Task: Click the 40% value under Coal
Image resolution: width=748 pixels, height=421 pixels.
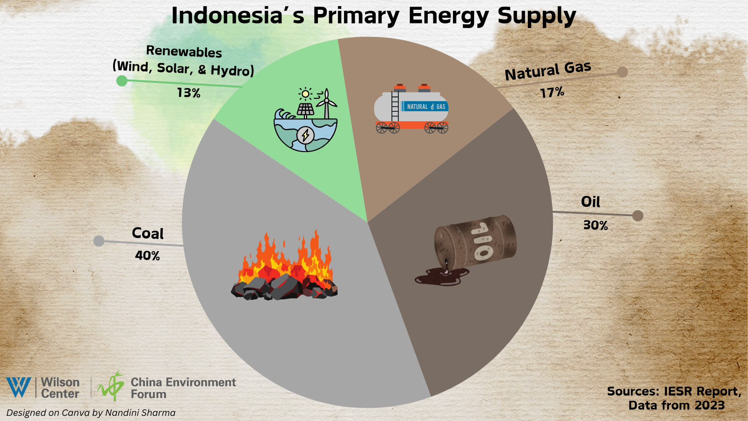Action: [147, 255]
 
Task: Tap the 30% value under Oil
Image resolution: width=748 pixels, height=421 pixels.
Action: [596, 225]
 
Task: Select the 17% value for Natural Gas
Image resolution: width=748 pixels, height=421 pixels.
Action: [552, 92]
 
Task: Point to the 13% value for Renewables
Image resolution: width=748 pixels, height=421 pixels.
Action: [189, 93]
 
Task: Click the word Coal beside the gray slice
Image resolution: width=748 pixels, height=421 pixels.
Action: [148, 233]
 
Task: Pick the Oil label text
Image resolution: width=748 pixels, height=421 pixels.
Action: [590, 202]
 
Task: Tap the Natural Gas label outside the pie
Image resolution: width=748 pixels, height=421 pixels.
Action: [547, 71]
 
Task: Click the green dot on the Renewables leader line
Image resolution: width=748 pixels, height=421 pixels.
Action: [122, 80]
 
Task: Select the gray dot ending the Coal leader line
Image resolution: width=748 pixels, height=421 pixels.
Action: [99, 241]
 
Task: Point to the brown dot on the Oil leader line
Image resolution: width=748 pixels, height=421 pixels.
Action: [638, 216]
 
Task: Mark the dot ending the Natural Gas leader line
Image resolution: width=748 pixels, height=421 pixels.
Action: [622, 72]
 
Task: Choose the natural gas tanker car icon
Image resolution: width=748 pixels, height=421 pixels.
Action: [411, 109]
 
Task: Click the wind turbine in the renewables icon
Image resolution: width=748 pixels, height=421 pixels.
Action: [327, 103]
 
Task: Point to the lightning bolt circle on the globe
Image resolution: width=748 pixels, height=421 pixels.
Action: [305, 135]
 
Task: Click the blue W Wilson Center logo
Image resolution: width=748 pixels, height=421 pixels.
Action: [19, 387]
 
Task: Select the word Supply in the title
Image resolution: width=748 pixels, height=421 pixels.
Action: [537, 16]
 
